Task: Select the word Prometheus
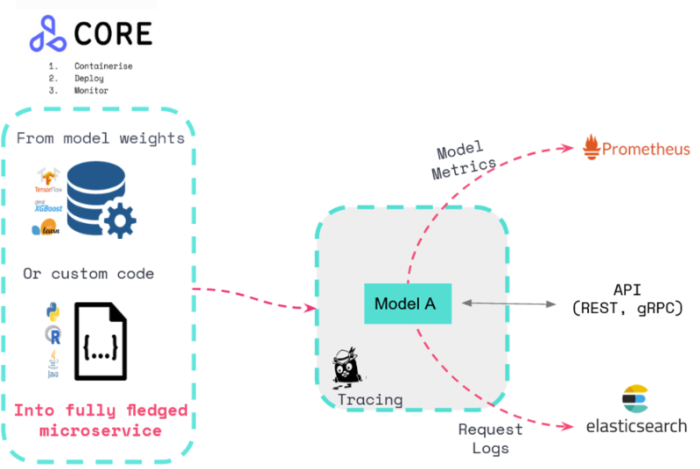(647, 150)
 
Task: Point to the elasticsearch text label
(635, 426)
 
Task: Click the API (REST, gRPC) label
(625, 298)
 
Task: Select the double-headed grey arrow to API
(509, 304)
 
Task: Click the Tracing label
(370, 400)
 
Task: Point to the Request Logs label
(490, 437)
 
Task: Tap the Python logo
(50, 311)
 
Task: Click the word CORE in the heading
(113, 33)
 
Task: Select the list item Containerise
(103, 66)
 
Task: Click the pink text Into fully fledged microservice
(100, 420)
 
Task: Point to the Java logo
(52, 363)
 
